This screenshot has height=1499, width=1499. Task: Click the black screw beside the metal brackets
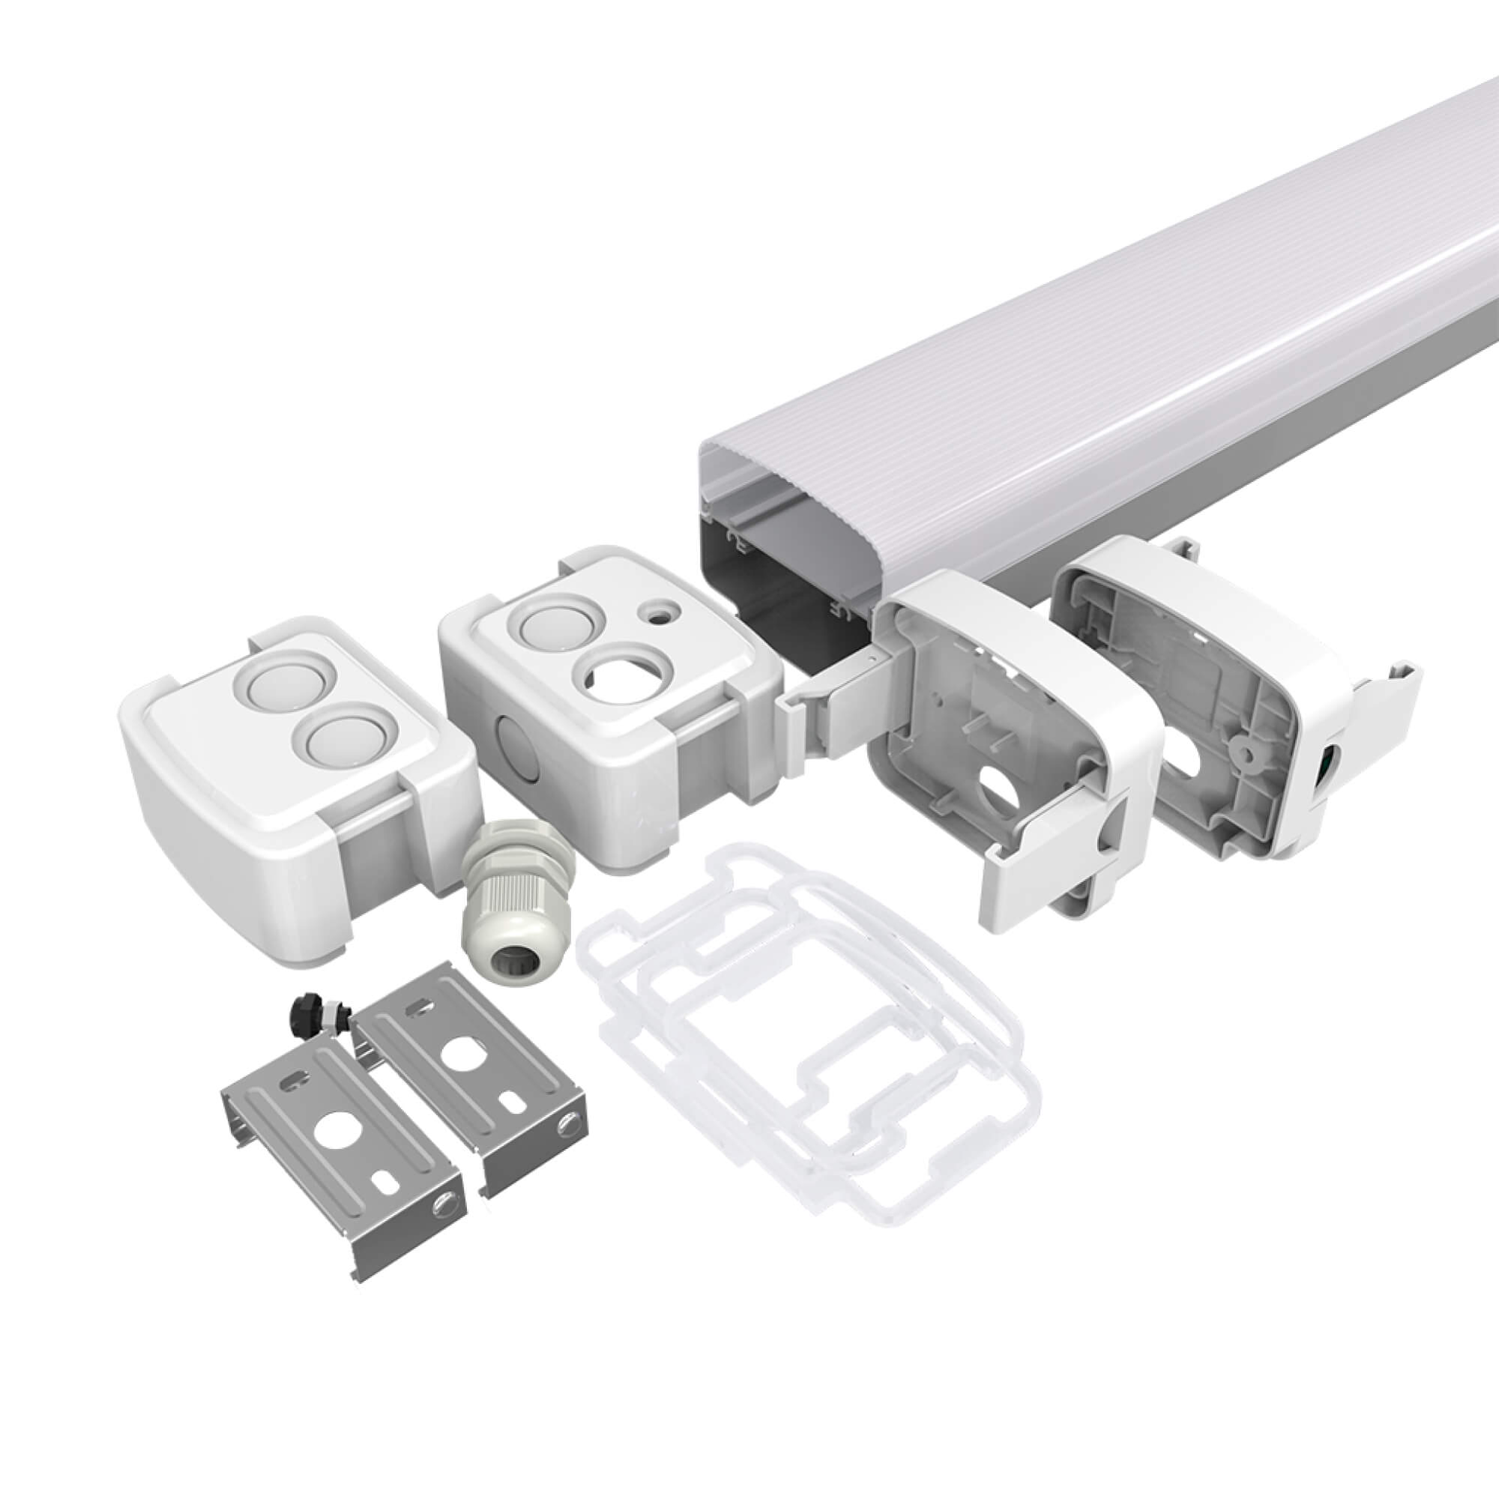305,1011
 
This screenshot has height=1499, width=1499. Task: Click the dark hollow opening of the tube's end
776,574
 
